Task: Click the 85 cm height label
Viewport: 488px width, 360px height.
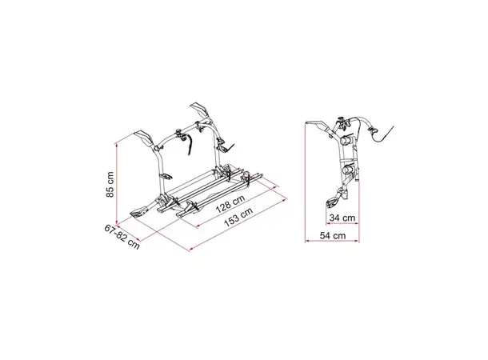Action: (110, 184)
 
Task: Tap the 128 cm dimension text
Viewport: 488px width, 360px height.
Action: (230, 203)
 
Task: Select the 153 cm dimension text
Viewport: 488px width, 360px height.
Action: (238, 215)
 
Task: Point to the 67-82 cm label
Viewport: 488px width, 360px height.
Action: (122, 237)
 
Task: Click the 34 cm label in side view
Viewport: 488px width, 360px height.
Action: (342, 218)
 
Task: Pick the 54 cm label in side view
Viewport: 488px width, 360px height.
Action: (333, 235)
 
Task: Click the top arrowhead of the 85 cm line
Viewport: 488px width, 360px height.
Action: (116, 144)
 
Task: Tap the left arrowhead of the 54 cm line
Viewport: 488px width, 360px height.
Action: (306, 241)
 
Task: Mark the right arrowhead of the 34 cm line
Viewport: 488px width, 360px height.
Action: (357, 222)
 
